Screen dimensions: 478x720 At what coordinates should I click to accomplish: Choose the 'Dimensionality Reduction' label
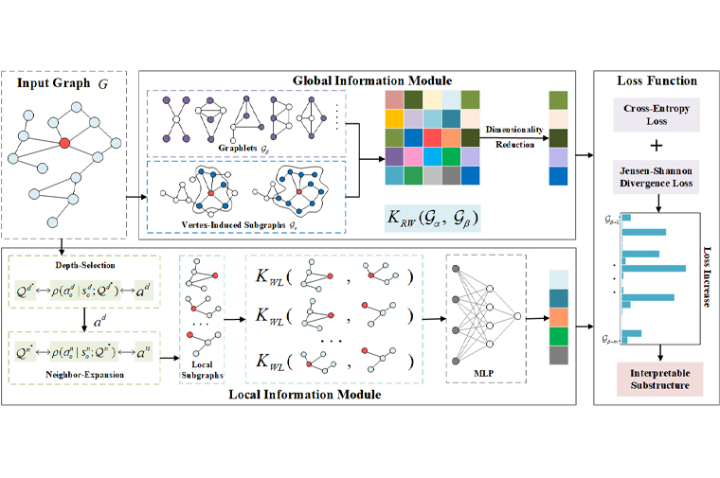tap(512, 134)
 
